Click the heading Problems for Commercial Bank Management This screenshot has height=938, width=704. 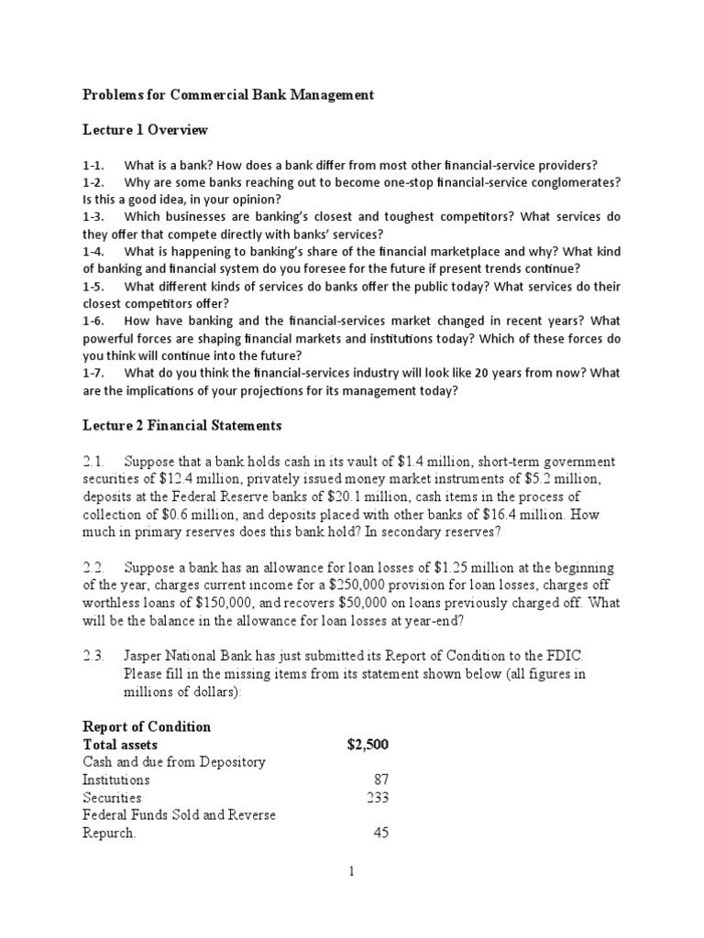coord(228,95)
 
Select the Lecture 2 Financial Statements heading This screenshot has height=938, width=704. coord(182,426)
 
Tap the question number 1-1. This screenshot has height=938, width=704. coord(94,165)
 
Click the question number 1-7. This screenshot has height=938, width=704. coord(94,373)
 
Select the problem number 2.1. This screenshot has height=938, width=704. coord(95,462)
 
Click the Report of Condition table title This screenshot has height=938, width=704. coord(147,726)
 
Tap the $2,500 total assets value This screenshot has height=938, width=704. coord(368,745)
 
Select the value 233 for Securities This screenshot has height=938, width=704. coord(378,798)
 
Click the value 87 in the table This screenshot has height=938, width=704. coord(381,780)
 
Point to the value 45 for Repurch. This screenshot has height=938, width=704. coord(381,834)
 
